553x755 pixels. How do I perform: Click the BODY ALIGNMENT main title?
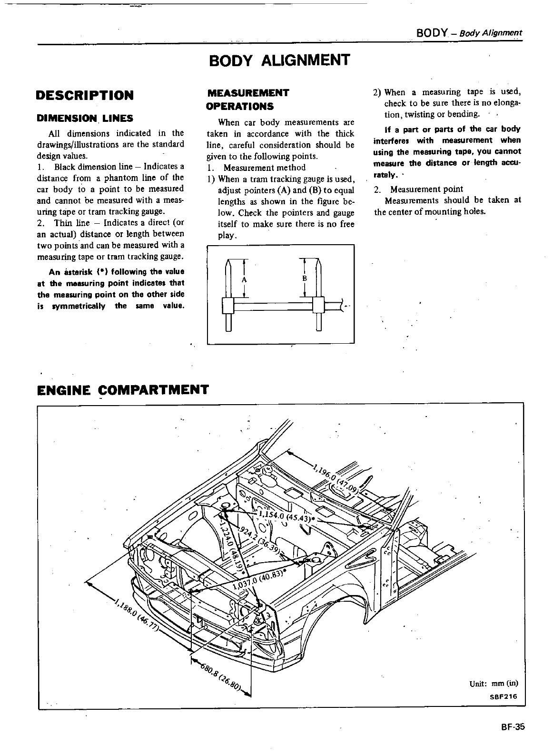tap(279, 60)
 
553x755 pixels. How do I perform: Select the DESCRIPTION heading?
tap(85, 95)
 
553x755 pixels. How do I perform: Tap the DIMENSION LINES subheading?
tap(85, 118)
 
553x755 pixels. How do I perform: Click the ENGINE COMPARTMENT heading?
tap(123, 390)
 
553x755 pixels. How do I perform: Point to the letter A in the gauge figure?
tap(244, 280)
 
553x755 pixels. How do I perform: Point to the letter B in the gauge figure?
tap(305, 278)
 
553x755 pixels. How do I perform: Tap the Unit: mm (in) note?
tap(493, 684)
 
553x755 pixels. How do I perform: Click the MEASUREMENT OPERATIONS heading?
tap(247, 99)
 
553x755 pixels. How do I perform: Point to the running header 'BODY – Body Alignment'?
tap(469, 33)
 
